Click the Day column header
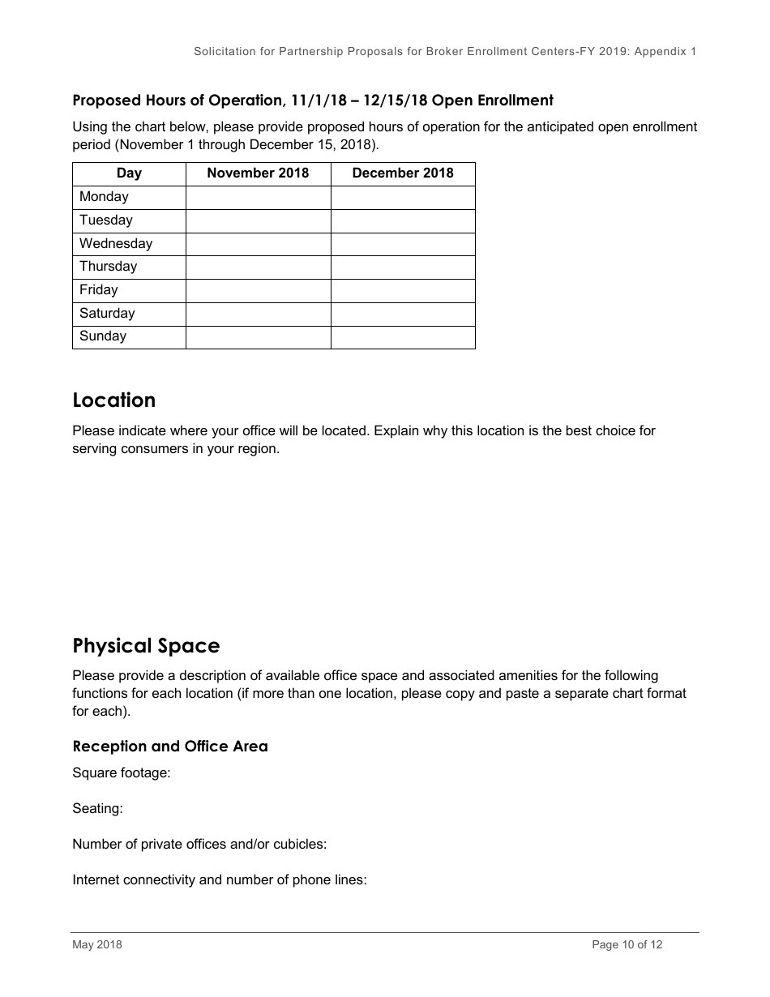click(x=129, y=173)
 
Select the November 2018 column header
click(x=258, y=173)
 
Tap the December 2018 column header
click(x=403, y=173)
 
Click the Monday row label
click(x=104, y=197)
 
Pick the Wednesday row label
click(x=116, y=244)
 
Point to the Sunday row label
click(x=103, y=336)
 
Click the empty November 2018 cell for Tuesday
click(x=258, y=220)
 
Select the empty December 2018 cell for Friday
click(x=403, y=290)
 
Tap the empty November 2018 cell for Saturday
click(x=258, y=314)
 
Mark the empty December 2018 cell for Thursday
click(x=403, y=267)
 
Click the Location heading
click(x=114, y=400)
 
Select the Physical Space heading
click(x=146, y=646)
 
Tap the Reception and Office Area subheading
click(x=170, y=747)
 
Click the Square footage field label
click(x=122, y=773)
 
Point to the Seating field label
click(x=97, y=809)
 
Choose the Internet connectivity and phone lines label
click(x=220, y=880)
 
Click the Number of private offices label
click(x=199, y=845)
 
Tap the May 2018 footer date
click(x=97, y=944)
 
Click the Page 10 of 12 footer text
click(x=627, y=944)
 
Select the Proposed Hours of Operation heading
click(x=313, y=101)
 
